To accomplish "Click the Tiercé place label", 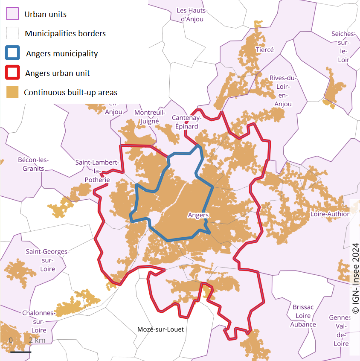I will tap(264, 50).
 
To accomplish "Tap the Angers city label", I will tap(198, 215).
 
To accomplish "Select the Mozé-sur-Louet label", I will tap(160, 329).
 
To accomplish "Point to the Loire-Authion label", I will tap(330, 214).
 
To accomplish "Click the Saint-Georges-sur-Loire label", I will tap(47, 260).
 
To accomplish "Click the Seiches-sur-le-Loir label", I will tap(343, 47).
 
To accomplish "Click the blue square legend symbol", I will tap(12, 53).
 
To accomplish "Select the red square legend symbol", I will tap(12, 73).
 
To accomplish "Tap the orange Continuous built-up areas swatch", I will tap(12, 92).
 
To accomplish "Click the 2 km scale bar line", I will tap(20, 352).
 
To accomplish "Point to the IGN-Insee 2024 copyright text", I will tap(355, 277).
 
